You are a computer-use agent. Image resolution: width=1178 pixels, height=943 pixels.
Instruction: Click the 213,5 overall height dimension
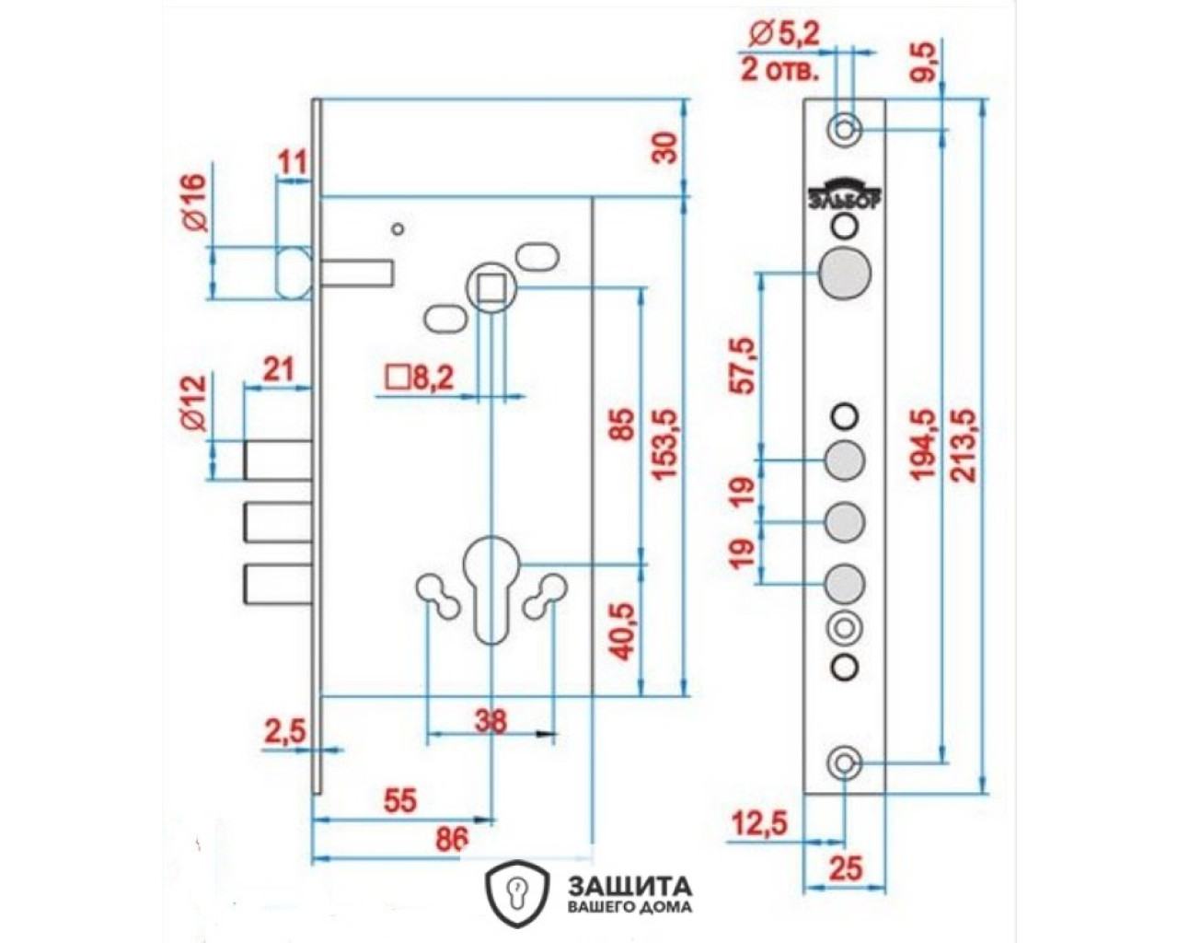(x=963, y=445)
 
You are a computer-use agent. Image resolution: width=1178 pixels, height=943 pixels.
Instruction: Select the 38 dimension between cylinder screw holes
(x=491, y=720)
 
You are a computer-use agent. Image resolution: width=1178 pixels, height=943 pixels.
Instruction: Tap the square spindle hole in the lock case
(x=492, y=288)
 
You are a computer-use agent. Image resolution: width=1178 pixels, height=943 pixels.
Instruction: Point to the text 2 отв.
(x=779, y=71)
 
